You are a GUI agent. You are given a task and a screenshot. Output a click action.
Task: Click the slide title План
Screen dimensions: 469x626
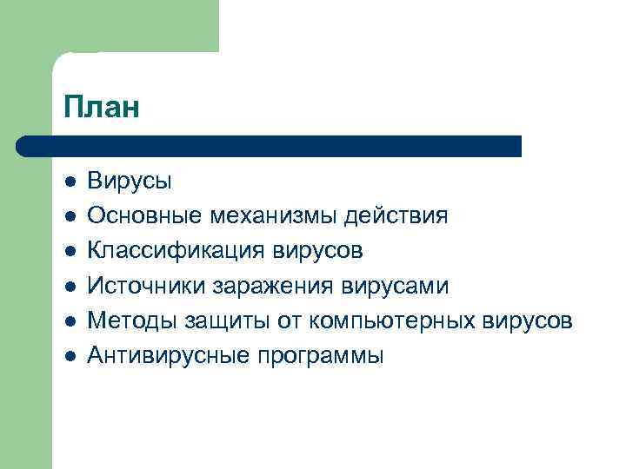tap(101, 109)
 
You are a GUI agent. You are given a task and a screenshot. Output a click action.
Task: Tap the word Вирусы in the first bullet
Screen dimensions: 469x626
tap(130, 182)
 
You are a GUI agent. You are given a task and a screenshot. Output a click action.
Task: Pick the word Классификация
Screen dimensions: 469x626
tap(177, 251)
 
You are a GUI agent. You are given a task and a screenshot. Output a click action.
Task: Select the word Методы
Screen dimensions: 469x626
tap(132, 320)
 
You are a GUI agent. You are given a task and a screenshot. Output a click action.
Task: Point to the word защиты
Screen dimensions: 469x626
tap(224, 320)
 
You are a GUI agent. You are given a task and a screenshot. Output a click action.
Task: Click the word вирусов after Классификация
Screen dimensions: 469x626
tap(319, 251)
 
